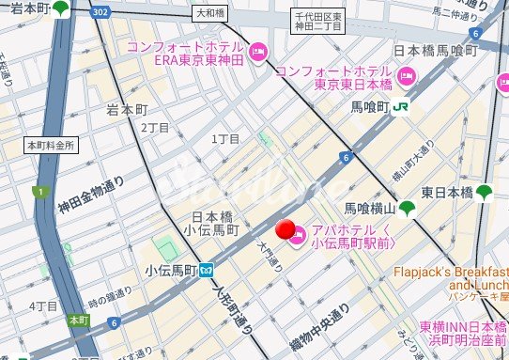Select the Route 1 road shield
pos(39,192)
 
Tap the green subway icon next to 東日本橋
pos(484,193)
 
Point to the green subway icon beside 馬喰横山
pos(407,208)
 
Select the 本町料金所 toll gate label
pos(51,146)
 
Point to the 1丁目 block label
pos(226,138)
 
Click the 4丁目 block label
pos(42,306)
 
